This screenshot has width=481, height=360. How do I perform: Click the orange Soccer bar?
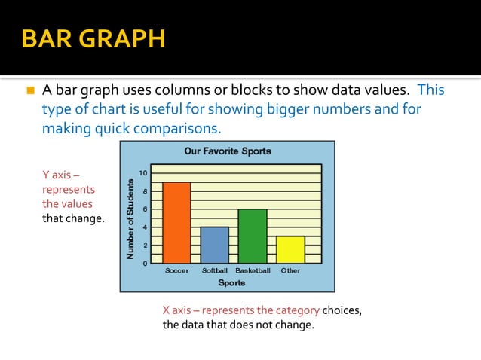[176, 222]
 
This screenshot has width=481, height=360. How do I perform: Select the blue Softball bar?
[214, 244]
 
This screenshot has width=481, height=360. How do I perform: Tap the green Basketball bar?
[252, 235]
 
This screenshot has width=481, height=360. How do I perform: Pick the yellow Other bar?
[290, 249]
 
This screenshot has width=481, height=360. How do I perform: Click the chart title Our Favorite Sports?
[228, 151]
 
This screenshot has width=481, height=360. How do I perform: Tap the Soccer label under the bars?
[177, 270]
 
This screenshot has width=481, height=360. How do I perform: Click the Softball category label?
[214, 270]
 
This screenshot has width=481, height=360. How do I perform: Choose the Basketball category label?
[252, 270]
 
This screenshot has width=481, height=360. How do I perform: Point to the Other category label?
[290, 270]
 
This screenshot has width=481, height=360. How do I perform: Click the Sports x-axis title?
[231, 283]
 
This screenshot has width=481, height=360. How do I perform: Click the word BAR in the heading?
[47, 38]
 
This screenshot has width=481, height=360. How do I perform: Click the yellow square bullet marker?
[31, 91]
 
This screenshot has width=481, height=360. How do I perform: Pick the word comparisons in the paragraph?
[181, 129]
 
